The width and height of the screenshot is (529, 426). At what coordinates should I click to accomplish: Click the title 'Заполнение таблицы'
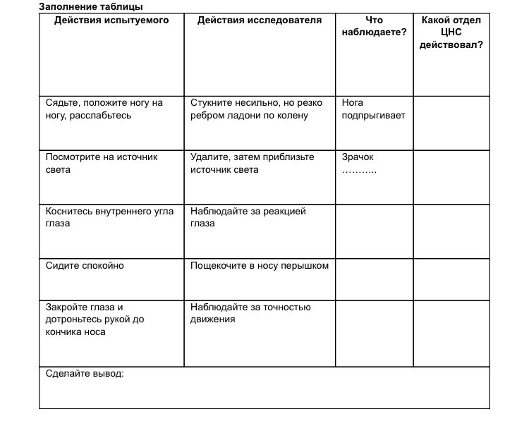[x=90, y=6]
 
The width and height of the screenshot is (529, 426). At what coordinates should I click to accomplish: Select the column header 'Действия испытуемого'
[x=111, y=20]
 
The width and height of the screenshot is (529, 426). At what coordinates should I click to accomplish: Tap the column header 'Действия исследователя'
[x=259, y=20]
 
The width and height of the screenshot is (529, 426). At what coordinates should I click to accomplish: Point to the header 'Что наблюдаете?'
[x=374, y=27]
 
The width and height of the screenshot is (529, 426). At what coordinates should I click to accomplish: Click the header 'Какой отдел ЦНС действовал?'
[x=451, y=32]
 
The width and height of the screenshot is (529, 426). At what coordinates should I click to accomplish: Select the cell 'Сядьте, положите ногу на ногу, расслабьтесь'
[x=104, y=109]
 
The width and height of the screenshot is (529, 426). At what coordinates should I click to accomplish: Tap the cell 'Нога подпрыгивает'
[x=373, y=109]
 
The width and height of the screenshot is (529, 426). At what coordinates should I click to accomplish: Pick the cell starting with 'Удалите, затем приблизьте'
[x=252, y=163]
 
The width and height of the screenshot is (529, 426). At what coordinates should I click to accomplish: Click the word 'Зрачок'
[x=358, y=157]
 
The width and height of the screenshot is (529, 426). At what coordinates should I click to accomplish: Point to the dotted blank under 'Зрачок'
[x=359, y=170]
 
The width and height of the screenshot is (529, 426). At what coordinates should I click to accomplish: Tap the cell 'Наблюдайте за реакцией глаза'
[x=248, y=217]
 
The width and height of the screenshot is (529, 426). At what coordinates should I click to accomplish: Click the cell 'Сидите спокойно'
[x=85, y=266]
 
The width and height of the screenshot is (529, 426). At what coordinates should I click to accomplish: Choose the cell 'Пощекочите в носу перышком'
[x=259, y=266]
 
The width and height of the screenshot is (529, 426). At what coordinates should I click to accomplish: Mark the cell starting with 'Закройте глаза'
[x=95, y=319]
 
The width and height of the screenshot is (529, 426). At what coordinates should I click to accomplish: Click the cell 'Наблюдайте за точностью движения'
[x=250, y=313]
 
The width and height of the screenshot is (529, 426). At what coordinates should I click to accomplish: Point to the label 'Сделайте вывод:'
[x=85, y=373]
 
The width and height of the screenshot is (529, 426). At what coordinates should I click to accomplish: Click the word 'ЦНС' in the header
[x=451, y=32]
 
